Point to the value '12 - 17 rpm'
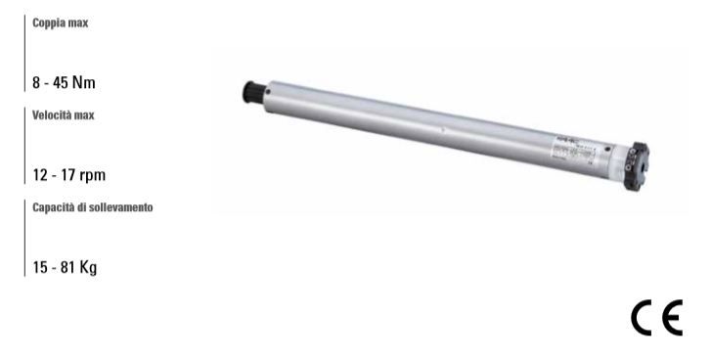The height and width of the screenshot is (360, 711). point(68,176)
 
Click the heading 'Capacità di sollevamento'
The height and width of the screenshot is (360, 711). point(92,209)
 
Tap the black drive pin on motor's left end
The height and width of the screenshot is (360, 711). point(250,92)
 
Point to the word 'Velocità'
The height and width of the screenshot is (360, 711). point(52,115)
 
